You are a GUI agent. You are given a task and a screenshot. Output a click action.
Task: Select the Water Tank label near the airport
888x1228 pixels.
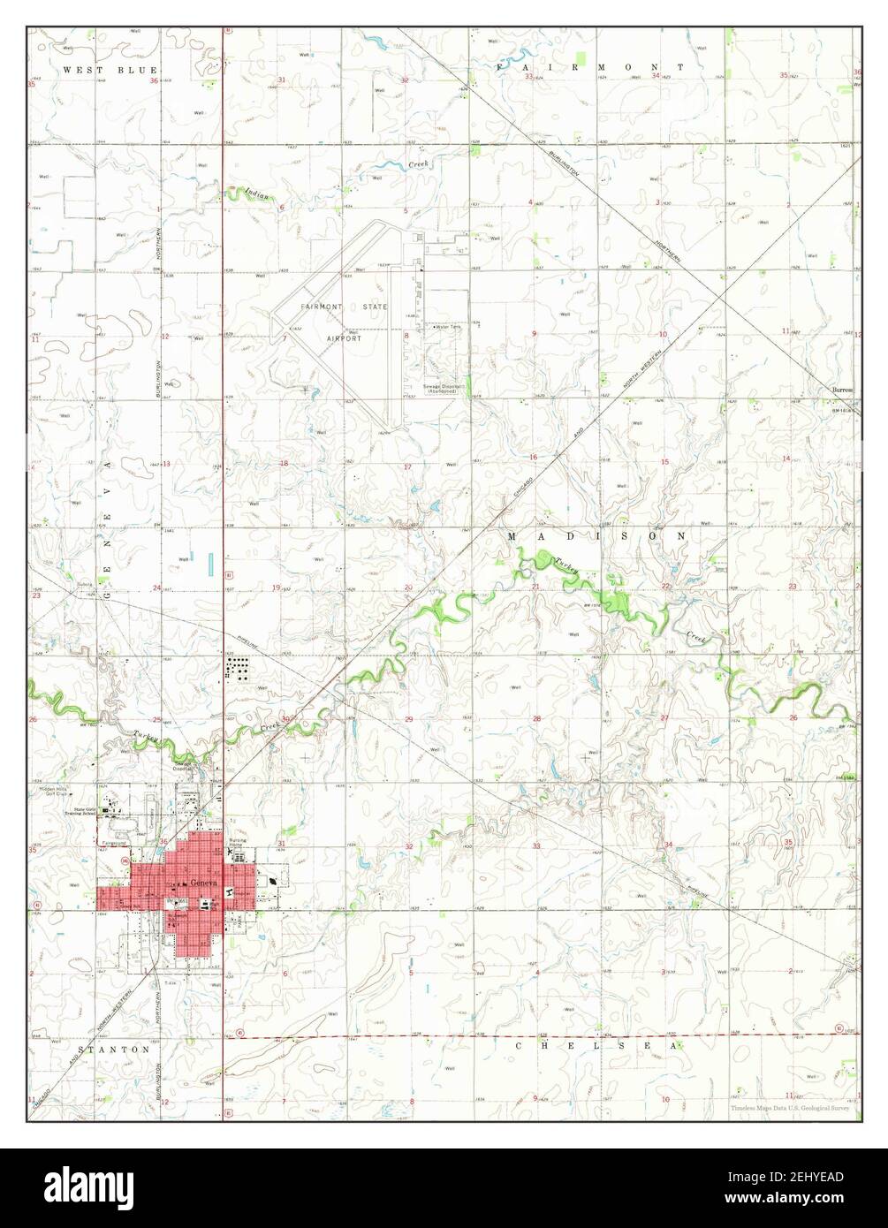[x=447, y=327]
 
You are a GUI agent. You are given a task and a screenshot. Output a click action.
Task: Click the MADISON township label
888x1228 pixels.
[x=596, y=536]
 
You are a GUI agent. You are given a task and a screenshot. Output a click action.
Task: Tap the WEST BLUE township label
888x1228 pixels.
[x=110, y=69]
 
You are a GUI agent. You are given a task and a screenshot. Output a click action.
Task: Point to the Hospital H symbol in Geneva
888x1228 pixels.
[x=230, y=893]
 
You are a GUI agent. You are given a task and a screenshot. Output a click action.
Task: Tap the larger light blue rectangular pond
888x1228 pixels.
[x=211, y=562]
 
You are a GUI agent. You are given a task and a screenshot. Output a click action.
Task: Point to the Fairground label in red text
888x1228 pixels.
[x=116, y=842]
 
